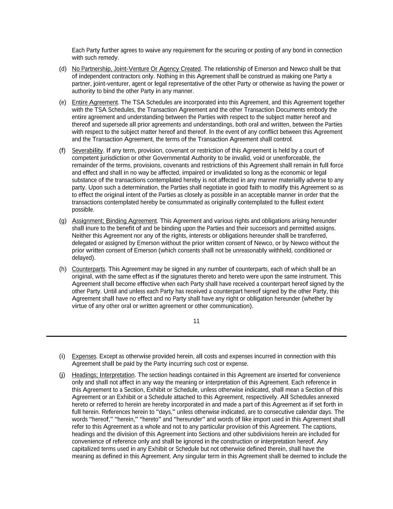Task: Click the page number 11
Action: tap(196, 321)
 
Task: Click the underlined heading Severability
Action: tap(87, 151)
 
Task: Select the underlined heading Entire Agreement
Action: tap(95, 103)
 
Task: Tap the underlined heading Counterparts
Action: tap(89, 269)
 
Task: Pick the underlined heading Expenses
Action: tap(84, 356)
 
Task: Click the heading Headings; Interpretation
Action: tap(103, 375)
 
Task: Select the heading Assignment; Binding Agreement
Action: tap(114, 221)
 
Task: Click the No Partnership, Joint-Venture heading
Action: tap(136, 69)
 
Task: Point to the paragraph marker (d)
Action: tap(63, 69)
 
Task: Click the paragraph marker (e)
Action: tap(63, 103)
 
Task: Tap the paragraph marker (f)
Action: tap(62, 151)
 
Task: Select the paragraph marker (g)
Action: tap(63, 221)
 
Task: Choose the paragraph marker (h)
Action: tap(63, 269)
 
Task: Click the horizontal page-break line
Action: tap(196, 336)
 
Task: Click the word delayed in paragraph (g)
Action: tap(82, 258)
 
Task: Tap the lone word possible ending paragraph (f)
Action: tap(82, 210)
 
